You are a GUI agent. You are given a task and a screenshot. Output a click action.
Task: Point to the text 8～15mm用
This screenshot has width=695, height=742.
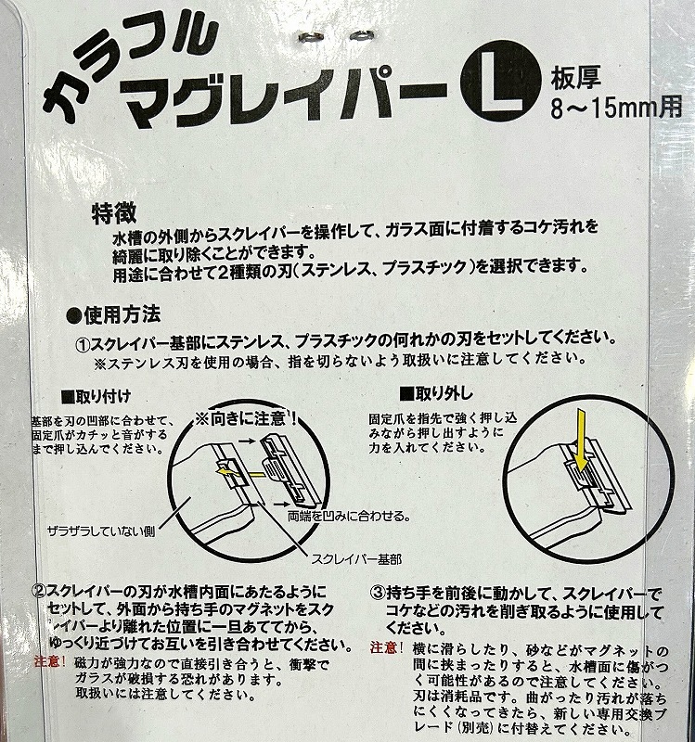click(x=616, y=108)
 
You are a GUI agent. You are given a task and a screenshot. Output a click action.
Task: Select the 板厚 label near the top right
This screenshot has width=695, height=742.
click(x=574, y=78)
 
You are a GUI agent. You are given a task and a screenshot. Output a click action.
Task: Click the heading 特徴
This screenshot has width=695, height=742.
click(x=114, y=213)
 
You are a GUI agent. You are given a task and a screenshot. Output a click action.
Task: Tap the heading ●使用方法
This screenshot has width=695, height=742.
click(x=113, y=315)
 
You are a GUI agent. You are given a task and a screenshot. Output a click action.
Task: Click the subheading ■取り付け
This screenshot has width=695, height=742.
click(x=96, y=397)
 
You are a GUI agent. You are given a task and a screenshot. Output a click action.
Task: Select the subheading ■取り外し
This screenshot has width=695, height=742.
click(x=436, y=393)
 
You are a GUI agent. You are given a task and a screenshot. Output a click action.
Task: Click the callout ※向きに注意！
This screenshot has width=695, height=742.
click(x=246, y=419)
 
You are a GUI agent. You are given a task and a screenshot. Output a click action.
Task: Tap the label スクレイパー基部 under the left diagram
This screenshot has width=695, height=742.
click(x=356, y=560)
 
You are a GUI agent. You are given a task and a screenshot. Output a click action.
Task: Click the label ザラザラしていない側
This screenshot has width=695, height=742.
click(x=101, y=531)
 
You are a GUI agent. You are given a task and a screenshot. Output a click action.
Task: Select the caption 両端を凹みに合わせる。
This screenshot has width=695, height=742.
click(x=349, y=516)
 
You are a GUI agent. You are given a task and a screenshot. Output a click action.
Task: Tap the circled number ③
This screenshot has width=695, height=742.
click(x=378, y=593)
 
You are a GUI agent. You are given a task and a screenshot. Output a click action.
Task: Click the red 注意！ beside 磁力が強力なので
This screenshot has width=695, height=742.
click(x=50, y=661)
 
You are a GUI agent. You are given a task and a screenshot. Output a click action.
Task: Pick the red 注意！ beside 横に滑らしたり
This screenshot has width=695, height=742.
click(x=386, y=647)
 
